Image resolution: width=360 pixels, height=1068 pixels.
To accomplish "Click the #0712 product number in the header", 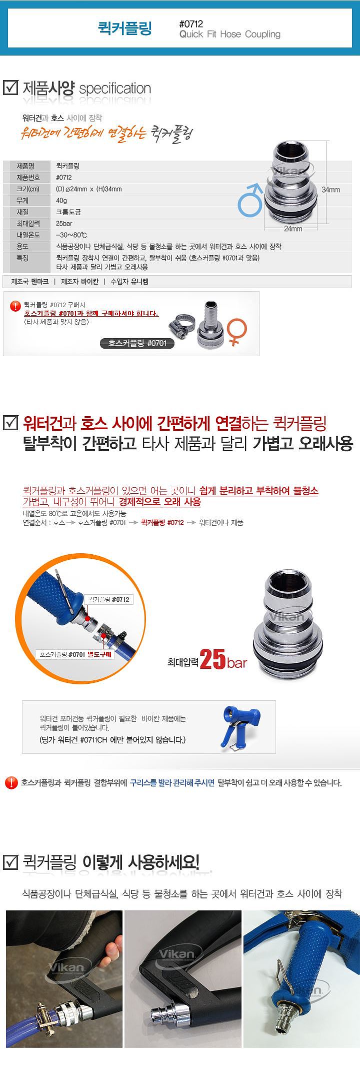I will [191, 24].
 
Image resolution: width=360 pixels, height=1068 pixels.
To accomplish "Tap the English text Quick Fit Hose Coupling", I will [229, 35].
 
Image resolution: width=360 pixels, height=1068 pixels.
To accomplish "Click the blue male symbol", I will [250, 199].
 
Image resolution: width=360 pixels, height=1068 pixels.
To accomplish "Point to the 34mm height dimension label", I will [330, 190].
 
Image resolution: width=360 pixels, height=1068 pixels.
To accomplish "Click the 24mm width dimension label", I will [293, 229].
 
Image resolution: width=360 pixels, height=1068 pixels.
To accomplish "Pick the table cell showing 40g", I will [61, 200].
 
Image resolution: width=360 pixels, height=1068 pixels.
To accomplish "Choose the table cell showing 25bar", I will [64, 223].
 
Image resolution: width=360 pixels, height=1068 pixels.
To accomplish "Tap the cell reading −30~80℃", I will [72, 235].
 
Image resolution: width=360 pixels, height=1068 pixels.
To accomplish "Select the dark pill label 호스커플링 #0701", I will [137, 343].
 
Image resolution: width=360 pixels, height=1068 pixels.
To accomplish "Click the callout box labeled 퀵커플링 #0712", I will [109, 599].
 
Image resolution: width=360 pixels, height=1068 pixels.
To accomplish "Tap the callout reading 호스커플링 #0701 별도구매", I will [76, 654].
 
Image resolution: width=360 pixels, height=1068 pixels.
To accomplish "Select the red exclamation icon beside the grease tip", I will [10, 782].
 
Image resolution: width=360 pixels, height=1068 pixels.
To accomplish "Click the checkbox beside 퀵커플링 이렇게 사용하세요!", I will [10, 862].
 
